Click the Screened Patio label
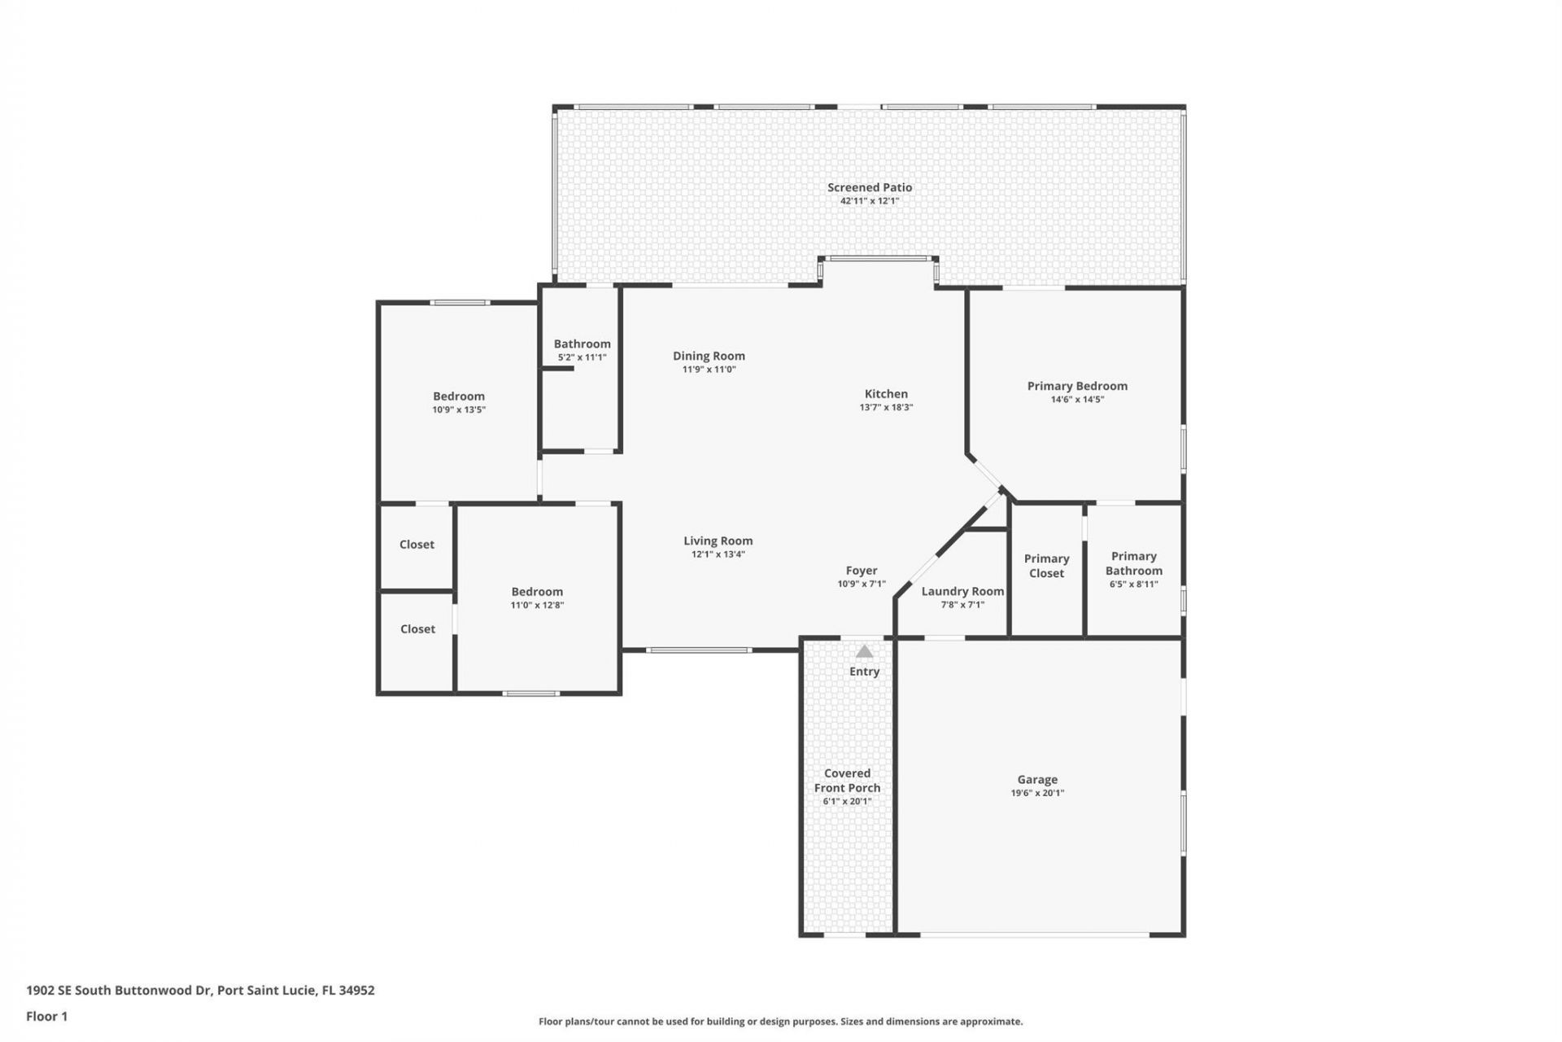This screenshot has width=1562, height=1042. pos(869,187)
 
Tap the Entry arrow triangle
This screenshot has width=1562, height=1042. pos(864,651)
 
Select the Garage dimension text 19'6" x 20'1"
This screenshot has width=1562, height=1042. pos(1037,793)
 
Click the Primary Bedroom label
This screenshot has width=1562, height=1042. pos(1077,386)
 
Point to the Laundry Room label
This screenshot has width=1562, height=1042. pos(962,591)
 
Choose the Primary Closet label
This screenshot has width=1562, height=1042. pos(1046,566)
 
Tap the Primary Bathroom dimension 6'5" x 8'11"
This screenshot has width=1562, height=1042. pos(1133,584)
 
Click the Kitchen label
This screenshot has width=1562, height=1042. pos(886,393)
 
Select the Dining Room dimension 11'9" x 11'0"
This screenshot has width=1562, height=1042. pos(709,370)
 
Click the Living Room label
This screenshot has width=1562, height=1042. pos(718,541)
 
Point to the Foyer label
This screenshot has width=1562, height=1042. pos(861,571)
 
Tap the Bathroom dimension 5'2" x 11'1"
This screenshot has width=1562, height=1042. pos(582,357)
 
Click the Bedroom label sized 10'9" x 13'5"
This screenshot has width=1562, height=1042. pos(459,396)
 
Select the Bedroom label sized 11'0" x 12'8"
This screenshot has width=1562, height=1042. pos(537,592)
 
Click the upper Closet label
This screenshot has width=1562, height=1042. pos(417,545)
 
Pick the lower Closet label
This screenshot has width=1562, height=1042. pos(417,629)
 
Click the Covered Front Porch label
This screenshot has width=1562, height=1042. pos(847,781)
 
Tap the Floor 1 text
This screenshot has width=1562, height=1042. pos(46,1016)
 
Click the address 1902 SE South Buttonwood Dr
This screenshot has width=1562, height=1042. pos(119,990)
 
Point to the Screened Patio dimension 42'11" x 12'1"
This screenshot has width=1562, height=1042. pos(869,200)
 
